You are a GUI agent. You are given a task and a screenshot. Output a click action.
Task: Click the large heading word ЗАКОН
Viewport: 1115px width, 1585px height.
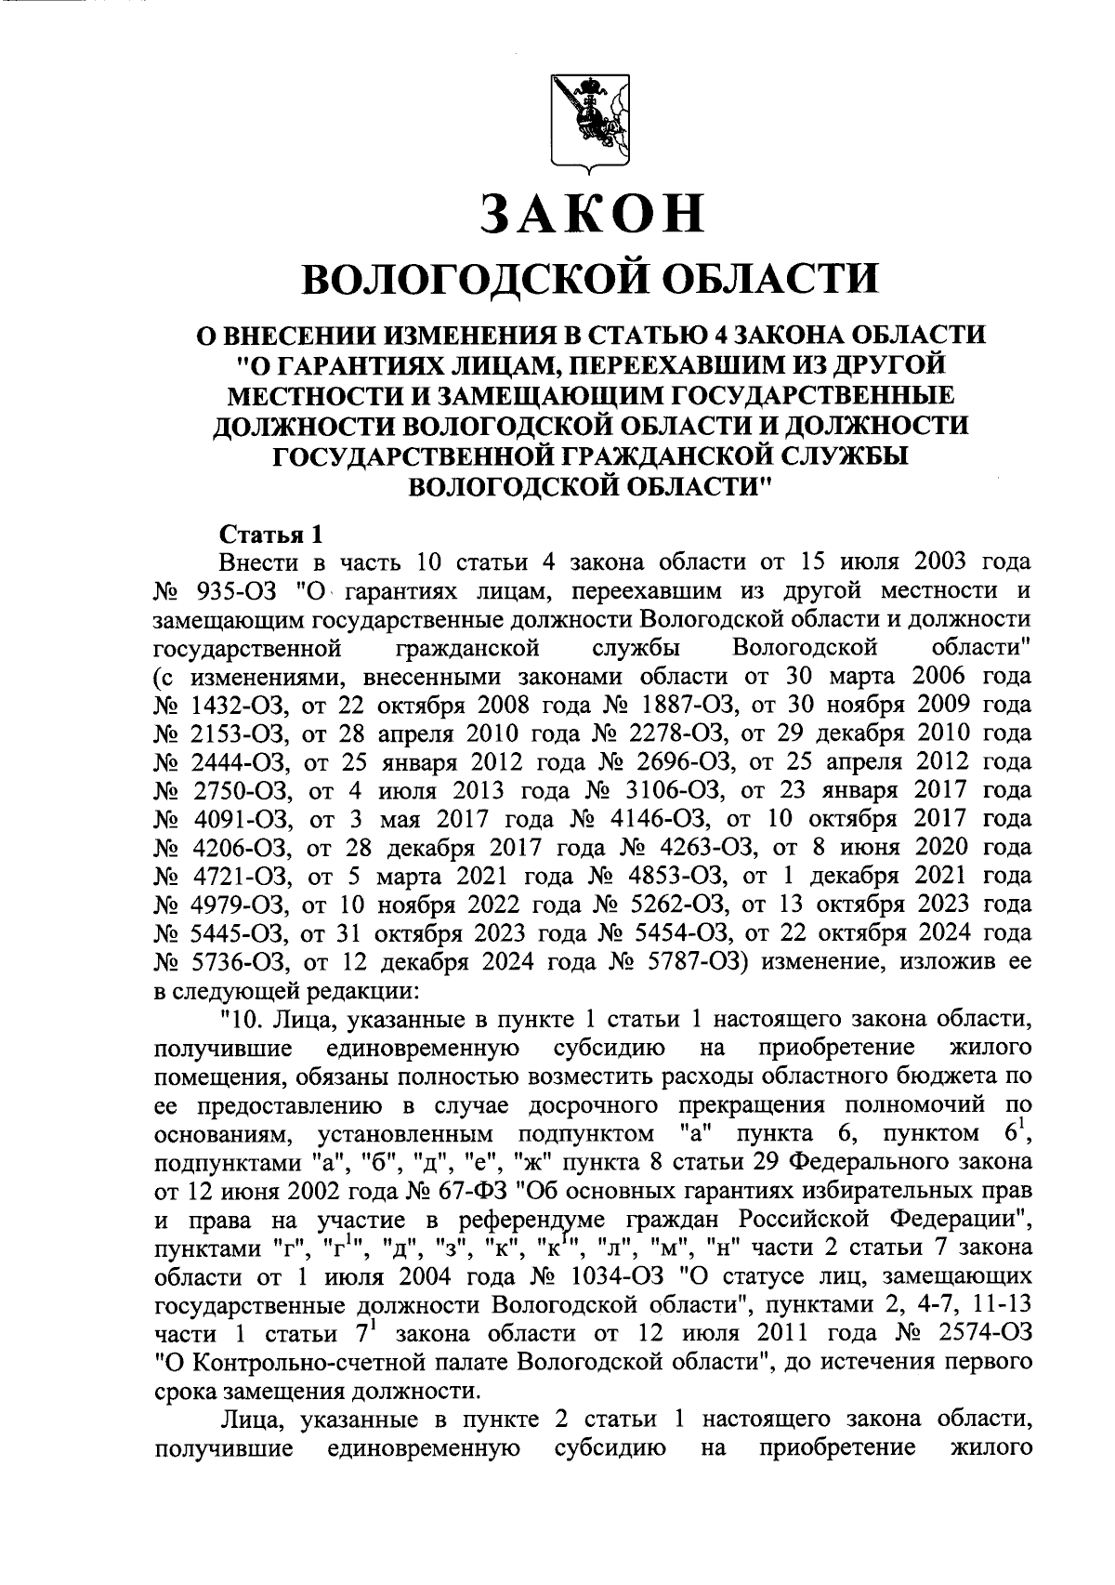(x=591, y=213)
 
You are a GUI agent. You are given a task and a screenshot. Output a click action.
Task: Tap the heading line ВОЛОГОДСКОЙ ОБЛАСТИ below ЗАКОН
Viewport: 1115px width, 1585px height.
(x=591, y=279)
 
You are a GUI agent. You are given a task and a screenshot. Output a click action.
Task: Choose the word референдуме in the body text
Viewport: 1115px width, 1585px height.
(x=531, y=1219)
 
